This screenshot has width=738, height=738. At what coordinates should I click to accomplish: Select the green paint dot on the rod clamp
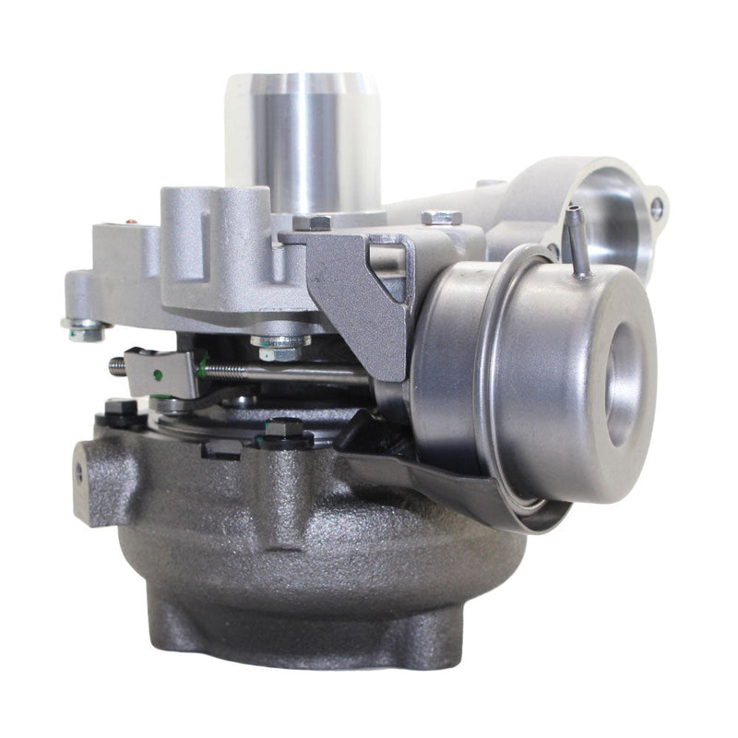click(158, 375)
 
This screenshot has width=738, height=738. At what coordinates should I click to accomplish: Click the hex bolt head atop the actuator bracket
click(441, 218)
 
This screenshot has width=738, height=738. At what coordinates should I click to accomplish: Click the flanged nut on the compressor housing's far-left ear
click(86, 327)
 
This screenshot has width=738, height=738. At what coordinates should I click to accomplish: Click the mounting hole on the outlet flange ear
click(656, 208)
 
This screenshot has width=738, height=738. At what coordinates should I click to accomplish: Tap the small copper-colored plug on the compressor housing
click(130, 222)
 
